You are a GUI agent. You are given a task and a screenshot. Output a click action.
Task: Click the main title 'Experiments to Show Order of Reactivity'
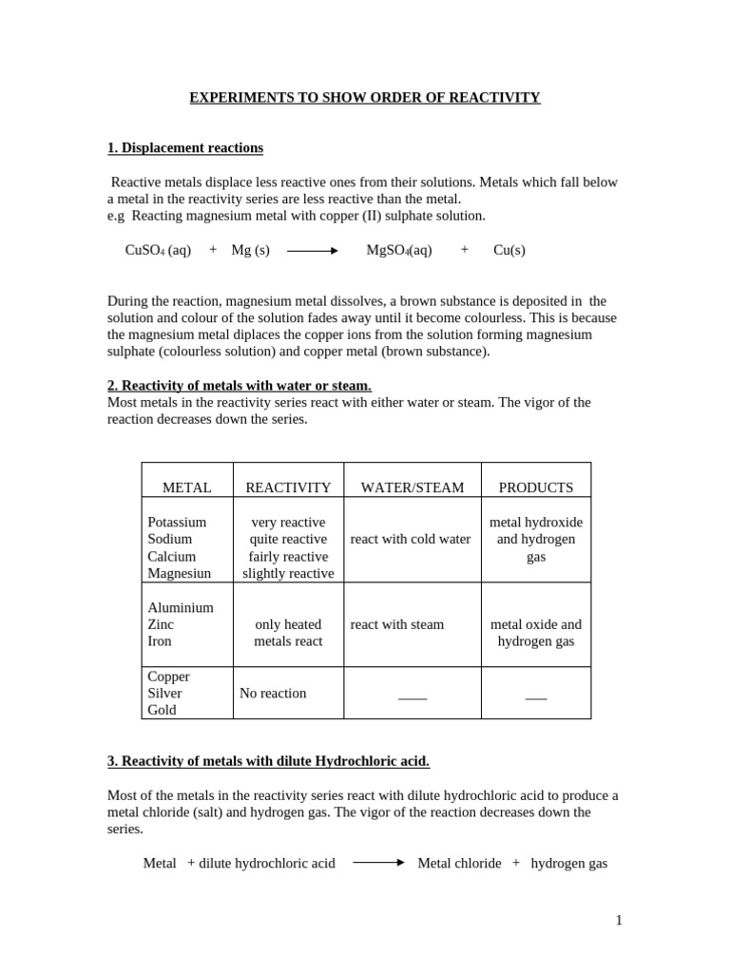point(365,98)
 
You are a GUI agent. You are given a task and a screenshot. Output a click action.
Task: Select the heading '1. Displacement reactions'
point(185,148)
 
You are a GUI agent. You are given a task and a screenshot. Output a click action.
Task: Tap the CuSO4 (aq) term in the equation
point(158,250)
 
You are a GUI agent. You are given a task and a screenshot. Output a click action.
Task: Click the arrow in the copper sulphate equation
point(313,251)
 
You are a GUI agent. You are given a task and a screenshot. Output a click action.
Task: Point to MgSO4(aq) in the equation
point(399,250)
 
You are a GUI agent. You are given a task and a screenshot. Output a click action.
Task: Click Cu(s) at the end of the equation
point(509,250)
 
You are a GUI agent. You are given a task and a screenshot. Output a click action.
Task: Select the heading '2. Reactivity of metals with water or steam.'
point(240,386)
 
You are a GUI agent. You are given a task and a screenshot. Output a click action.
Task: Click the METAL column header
point(187,487)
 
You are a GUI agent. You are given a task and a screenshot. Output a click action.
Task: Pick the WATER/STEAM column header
point(413,487)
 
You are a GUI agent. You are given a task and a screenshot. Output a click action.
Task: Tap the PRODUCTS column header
point(536,487)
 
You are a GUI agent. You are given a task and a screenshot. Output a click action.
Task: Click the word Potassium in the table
point(177,523)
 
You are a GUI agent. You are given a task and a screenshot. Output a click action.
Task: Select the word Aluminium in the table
point(181,608)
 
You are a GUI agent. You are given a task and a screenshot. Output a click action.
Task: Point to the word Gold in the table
point(163,710)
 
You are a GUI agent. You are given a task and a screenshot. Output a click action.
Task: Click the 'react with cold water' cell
point(411,540)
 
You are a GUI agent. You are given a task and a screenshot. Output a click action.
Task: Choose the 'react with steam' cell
point(397,625)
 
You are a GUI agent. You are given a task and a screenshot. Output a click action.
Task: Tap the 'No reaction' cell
point(273,694)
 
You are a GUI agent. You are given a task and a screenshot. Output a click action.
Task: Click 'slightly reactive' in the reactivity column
point(288,574)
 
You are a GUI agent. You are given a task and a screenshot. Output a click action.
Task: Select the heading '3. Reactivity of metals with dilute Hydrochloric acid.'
point(268,761)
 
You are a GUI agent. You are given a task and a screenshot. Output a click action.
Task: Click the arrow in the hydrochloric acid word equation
point(378,863)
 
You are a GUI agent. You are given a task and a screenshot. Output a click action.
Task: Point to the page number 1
point(619,920)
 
